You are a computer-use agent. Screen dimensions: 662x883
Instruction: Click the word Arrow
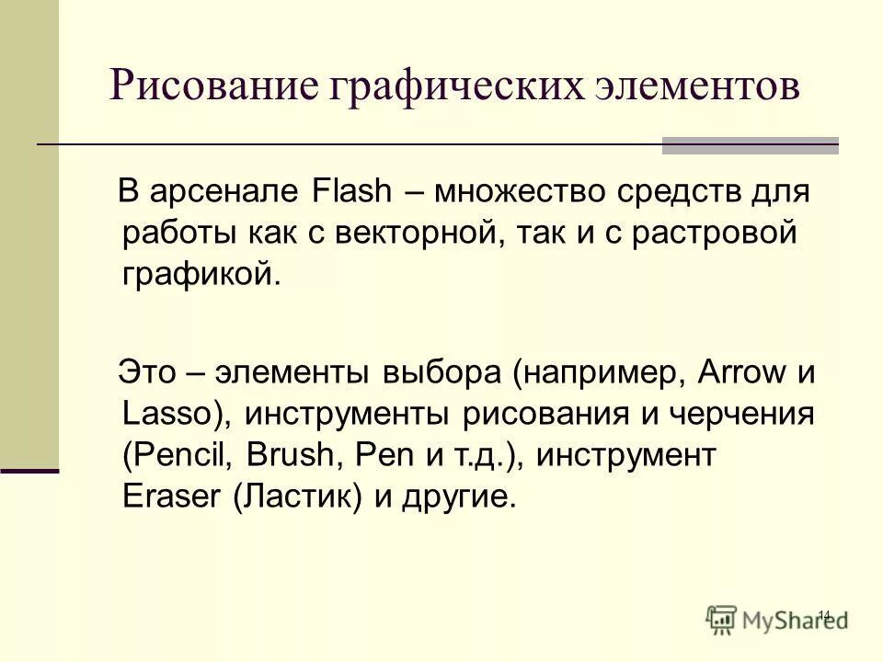[x=741, y=373]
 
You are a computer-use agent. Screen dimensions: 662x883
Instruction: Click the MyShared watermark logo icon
[x=722, y=618]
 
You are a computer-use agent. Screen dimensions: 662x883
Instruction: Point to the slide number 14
[x=823, y=613]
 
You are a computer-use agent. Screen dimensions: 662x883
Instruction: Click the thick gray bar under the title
[x=750, y=145]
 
